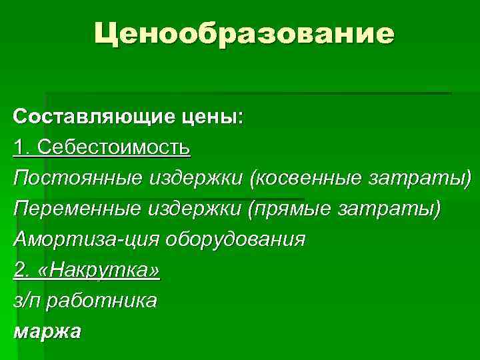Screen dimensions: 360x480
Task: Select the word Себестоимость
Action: [x=114, y=148]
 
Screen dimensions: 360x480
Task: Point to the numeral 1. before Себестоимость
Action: [x=21, y=148]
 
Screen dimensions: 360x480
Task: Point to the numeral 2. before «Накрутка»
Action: [x=21, y=270]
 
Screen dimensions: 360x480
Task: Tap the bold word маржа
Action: [x=47, y=331]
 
